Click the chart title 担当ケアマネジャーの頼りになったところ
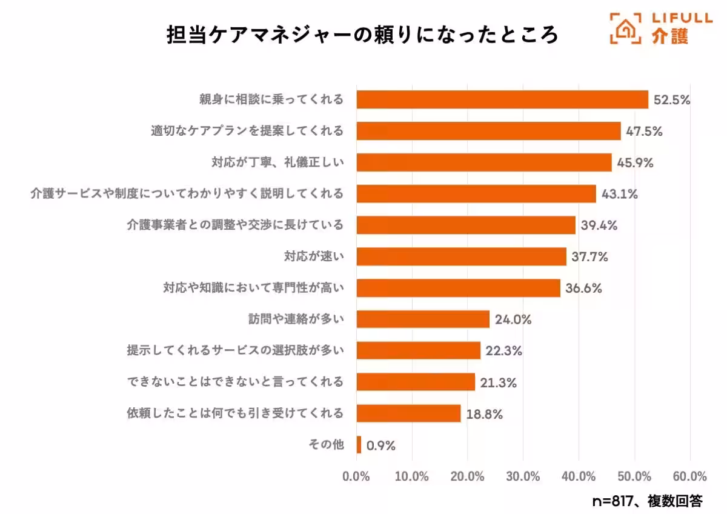tap(362, 35)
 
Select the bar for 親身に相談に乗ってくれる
tap(502, 99)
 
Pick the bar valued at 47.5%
tap(488, 131)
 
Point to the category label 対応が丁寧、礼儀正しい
tap(277, 162)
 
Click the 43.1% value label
tap(619, 195)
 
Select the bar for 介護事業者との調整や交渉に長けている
tap(465, 225)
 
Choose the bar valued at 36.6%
tap(458, 289)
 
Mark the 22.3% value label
tap(502, 351)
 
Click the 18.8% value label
tap(483, 415)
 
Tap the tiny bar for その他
tap(359, 445)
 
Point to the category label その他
tap(326, 446)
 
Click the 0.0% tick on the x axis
tap(356, 476)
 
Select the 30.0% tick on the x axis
tap(523, 476)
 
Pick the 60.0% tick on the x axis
tap(690, 476)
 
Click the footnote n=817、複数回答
tap(647, 501)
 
